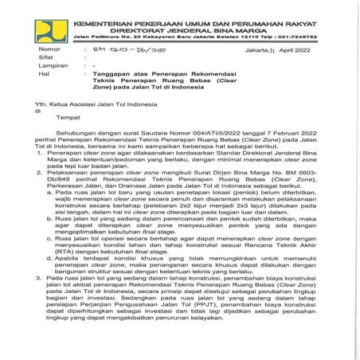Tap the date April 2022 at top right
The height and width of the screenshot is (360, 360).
(315, 49)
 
